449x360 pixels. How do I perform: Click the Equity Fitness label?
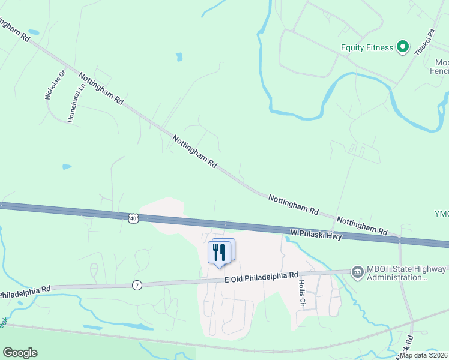click(367, 47)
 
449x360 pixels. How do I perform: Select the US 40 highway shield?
click(133, 218)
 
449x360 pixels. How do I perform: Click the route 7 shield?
click(137, 285)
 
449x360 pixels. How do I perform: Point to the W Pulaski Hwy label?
click(316, 234)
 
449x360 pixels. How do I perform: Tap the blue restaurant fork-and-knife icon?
click(219, 251)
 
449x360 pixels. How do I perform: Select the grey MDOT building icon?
click(357, 271)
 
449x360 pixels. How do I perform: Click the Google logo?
click(20, 353)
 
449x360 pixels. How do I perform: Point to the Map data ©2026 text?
click(423, 355)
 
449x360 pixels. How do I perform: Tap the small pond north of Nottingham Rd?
click(179, 57)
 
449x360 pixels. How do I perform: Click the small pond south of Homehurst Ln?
click(67, 167)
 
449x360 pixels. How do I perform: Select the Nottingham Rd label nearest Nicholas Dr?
click(100, 88)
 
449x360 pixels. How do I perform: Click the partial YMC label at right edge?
click(441, 214)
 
